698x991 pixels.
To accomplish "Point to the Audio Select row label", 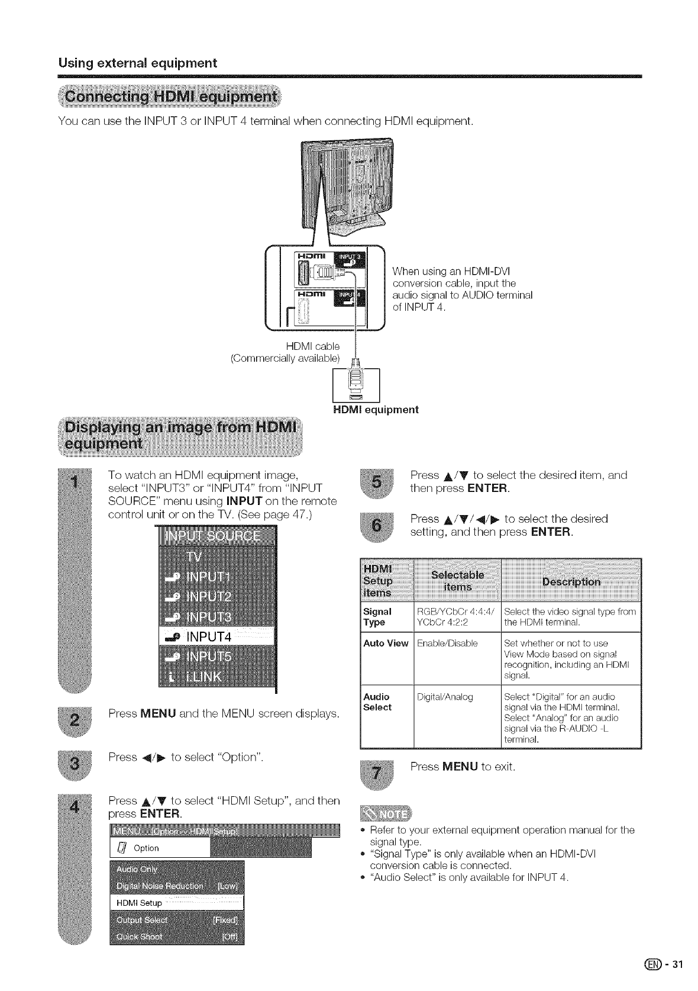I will [x=377, y=702].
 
